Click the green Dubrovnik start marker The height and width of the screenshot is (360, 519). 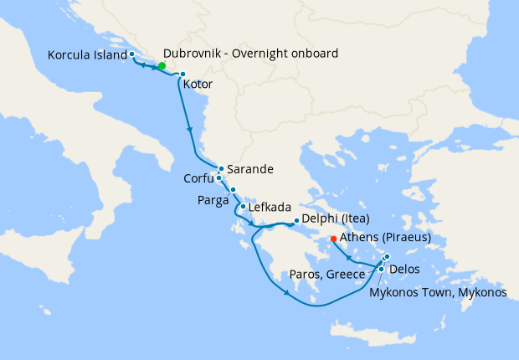(162, 65)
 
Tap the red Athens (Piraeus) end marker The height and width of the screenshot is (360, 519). (334, 238)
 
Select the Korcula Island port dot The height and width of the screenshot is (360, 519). (132, 54)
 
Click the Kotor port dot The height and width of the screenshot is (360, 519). (182, 75)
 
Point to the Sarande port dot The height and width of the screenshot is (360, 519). (221, 168)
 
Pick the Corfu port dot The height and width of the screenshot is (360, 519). (218, 177)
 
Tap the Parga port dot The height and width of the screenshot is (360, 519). (234, 189)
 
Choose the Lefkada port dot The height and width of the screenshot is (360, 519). (242, 207)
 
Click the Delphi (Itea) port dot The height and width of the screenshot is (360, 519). (296, 221)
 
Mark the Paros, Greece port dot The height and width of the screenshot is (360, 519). (381, 269)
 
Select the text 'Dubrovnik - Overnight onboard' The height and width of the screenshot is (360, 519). (251, 54)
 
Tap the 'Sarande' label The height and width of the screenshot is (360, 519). (250, 169)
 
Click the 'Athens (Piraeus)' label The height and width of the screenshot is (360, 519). (385, 238)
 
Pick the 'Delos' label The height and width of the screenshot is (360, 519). (404, 269)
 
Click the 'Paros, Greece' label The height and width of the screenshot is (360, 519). (326, 275)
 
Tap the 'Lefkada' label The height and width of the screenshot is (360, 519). (269, 208)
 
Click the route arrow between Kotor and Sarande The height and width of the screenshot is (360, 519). (191, 131)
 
